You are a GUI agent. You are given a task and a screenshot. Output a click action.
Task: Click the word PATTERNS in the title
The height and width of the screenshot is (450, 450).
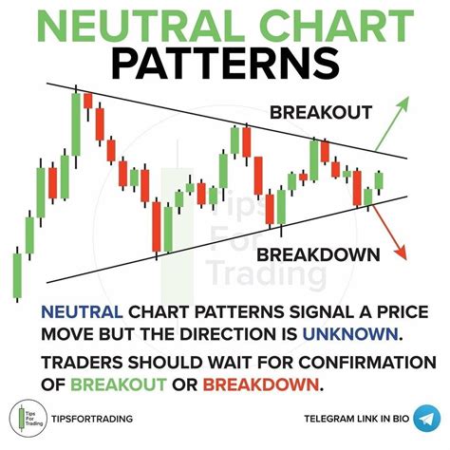point(224,64)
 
